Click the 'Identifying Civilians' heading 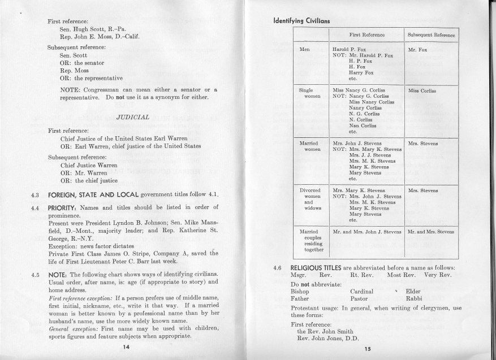click(x=301, y=21)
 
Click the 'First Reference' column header click(x=367, y=35)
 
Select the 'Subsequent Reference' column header click(x=432, y=35)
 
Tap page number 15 click(x=368, y=349)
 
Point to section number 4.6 click(x=277, y=266)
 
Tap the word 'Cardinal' click(x=361, y=291)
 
